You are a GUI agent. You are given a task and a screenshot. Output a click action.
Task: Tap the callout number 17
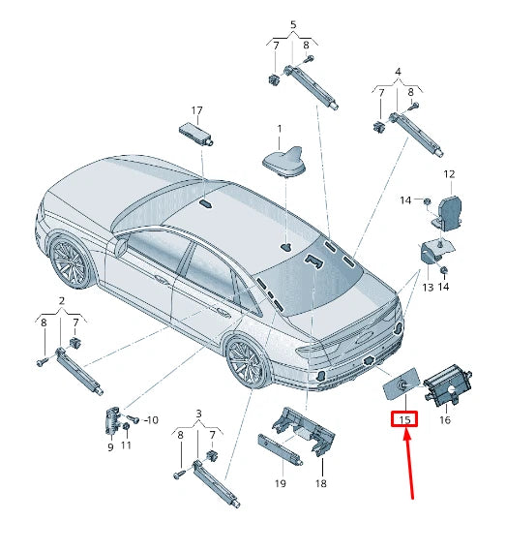coord(196,110)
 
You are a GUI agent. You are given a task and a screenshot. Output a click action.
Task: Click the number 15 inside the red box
coord(404,420)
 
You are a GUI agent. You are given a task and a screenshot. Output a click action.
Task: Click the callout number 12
coord(449,174)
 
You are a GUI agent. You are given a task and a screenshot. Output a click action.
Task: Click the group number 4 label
coord(397,71)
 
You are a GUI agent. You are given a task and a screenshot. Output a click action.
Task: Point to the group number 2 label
coord(61,300)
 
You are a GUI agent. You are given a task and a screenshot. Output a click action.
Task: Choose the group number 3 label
coord(198,414)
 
